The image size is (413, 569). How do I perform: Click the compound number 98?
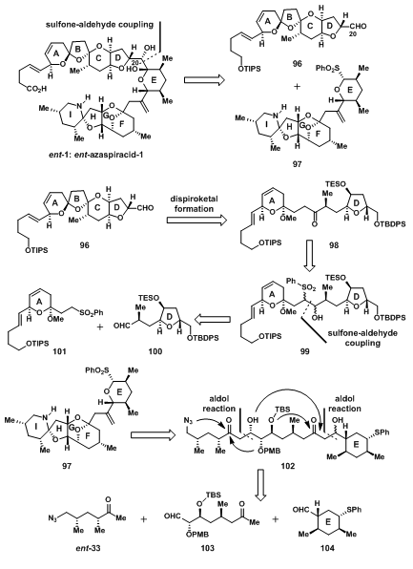pyautogui.click(x=334, y=245)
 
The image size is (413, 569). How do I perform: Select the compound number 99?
pyautogui.click(x=305, y=351)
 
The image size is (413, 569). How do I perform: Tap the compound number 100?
pyautogui.click(x=155, y=351)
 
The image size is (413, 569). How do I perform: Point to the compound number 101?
pyautogui.click(x=59, y=351)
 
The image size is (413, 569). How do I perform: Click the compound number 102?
pyautogui.click(x=287, y=466)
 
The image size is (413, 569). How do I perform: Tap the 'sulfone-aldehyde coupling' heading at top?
pyautogui.click(x=100, y=25)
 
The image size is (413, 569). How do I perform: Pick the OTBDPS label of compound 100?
pyautogui.click(x=203, y=338)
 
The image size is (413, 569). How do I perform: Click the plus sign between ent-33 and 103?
pyautogui.click(x=144, y=519)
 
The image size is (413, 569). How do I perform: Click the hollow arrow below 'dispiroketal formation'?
pyautogui.click(x=196, y=220)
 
